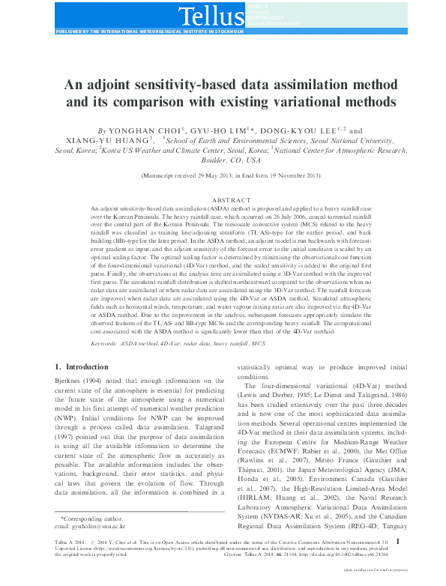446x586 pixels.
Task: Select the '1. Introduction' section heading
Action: pyautogui.click(x=82, y=366)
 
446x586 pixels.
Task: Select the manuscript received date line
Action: pyautogui.click(x=223, y=175)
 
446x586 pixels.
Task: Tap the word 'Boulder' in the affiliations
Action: pyautogui.click(x=196, y=160)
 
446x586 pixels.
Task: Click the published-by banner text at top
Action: pyautogui.click(x=150, y=33)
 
